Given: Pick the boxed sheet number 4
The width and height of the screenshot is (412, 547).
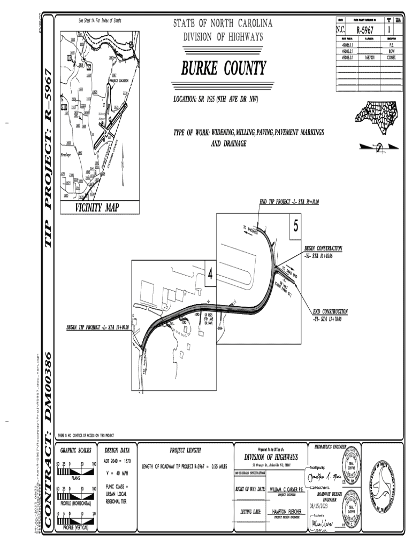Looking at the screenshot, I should tap(210, 274).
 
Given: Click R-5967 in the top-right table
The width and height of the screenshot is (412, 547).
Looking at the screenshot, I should tap(364, 30).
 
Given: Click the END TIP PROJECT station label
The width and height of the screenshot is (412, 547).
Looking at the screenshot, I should tap(289, 202).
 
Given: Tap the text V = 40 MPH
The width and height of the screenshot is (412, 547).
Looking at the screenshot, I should tap(118, 472).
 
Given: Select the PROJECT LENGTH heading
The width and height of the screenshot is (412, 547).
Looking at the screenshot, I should tap(185, 450).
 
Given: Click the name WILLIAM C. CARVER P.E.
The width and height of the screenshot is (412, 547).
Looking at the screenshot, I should tap(286, 489).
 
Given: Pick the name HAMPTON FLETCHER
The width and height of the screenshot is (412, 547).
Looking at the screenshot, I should tap(286, 511).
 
